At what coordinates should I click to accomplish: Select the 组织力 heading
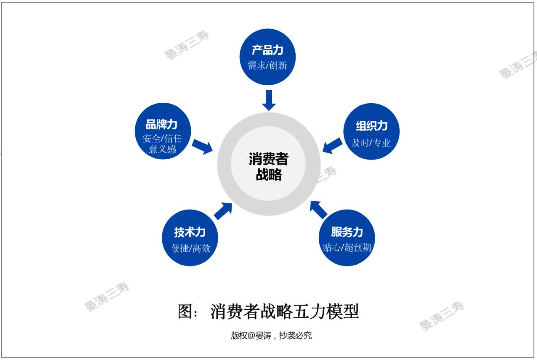coord(371,126)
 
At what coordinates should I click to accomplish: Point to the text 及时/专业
coord(371,143)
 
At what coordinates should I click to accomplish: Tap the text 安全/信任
coord(162,138)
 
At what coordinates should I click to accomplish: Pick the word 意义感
coord(162,149)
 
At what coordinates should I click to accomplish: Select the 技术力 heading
coord(189,232)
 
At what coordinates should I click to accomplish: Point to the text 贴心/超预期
coord(347,247)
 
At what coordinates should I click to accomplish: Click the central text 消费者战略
coord(268,167)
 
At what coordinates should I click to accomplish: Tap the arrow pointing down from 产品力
coord(269,100)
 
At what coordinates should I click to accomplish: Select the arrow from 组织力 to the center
coord(332,145)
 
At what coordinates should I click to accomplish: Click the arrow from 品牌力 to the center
coord(203,147)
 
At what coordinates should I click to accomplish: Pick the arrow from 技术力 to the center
coord(223,211)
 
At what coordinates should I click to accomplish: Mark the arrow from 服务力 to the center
coord(318,209)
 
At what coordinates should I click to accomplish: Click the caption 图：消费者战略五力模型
coord(268,311)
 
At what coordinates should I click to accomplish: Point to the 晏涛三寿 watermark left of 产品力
coord(187,45)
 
